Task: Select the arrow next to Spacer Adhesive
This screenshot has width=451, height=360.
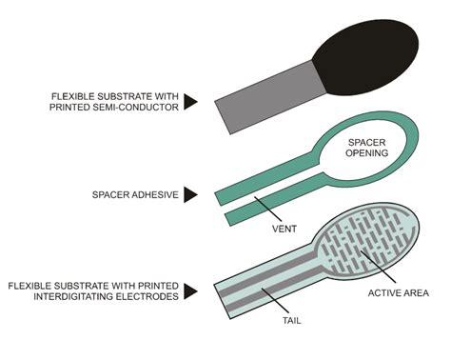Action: tap(191, 194)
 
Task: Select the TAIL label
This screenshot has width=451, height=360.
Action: tap(291, 321)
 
